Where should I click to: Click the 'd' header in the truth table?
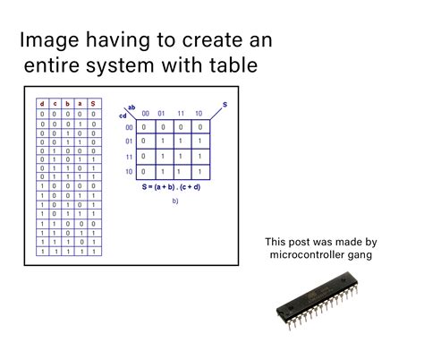tap(41, 105)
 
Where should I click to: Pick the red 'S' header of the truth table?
tap(93, 105)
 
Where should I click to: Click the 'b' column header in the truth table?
tap(67, 105)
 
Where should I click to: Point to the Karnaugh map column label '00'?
tap(146, 113)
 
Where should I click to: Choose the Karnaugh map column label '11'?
tap(180, 113)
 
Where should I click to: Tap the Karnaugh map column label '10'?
tap(198, 113)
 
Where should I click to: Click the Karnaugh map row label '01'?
tap(129, 141)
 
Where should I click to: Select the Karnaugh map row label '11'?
tap(129, 157)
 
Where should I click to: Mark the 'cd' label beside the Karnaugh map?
tap(123, 116)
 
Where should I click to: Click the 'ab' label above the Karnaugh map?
tap(131, 107)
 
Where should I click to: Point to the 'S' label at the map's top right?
tap(224, 105)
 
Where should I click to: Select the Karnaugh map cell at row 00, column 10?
tap(198, 127)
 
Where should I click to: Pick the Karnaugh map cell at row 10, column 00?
tap(146, 171)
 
